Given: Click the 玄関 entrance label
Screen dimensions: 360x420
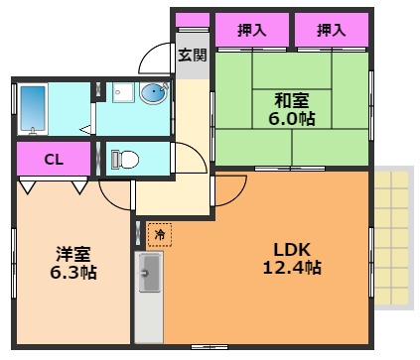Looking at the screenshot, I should [193, 55].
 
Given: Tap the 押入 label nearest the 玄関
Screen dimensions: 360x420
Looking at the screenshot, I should [252, 31].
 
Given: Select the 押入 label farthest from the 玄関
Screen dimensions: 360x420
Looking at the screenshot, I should [331, 31].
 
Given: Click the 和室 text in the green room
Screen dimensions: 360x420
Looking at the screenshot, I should [292, 99].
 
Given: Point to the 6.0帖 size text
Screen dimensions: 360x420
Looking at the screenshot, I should [292, 118].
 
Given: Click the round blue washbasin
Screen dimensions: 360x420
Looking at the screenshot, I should [154, 94].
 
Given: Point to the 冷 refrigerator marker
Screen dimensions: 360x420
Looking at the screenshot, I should [159, 234].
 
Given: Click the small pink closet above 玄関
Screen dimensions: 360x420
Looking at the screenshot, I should [193, 20].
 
